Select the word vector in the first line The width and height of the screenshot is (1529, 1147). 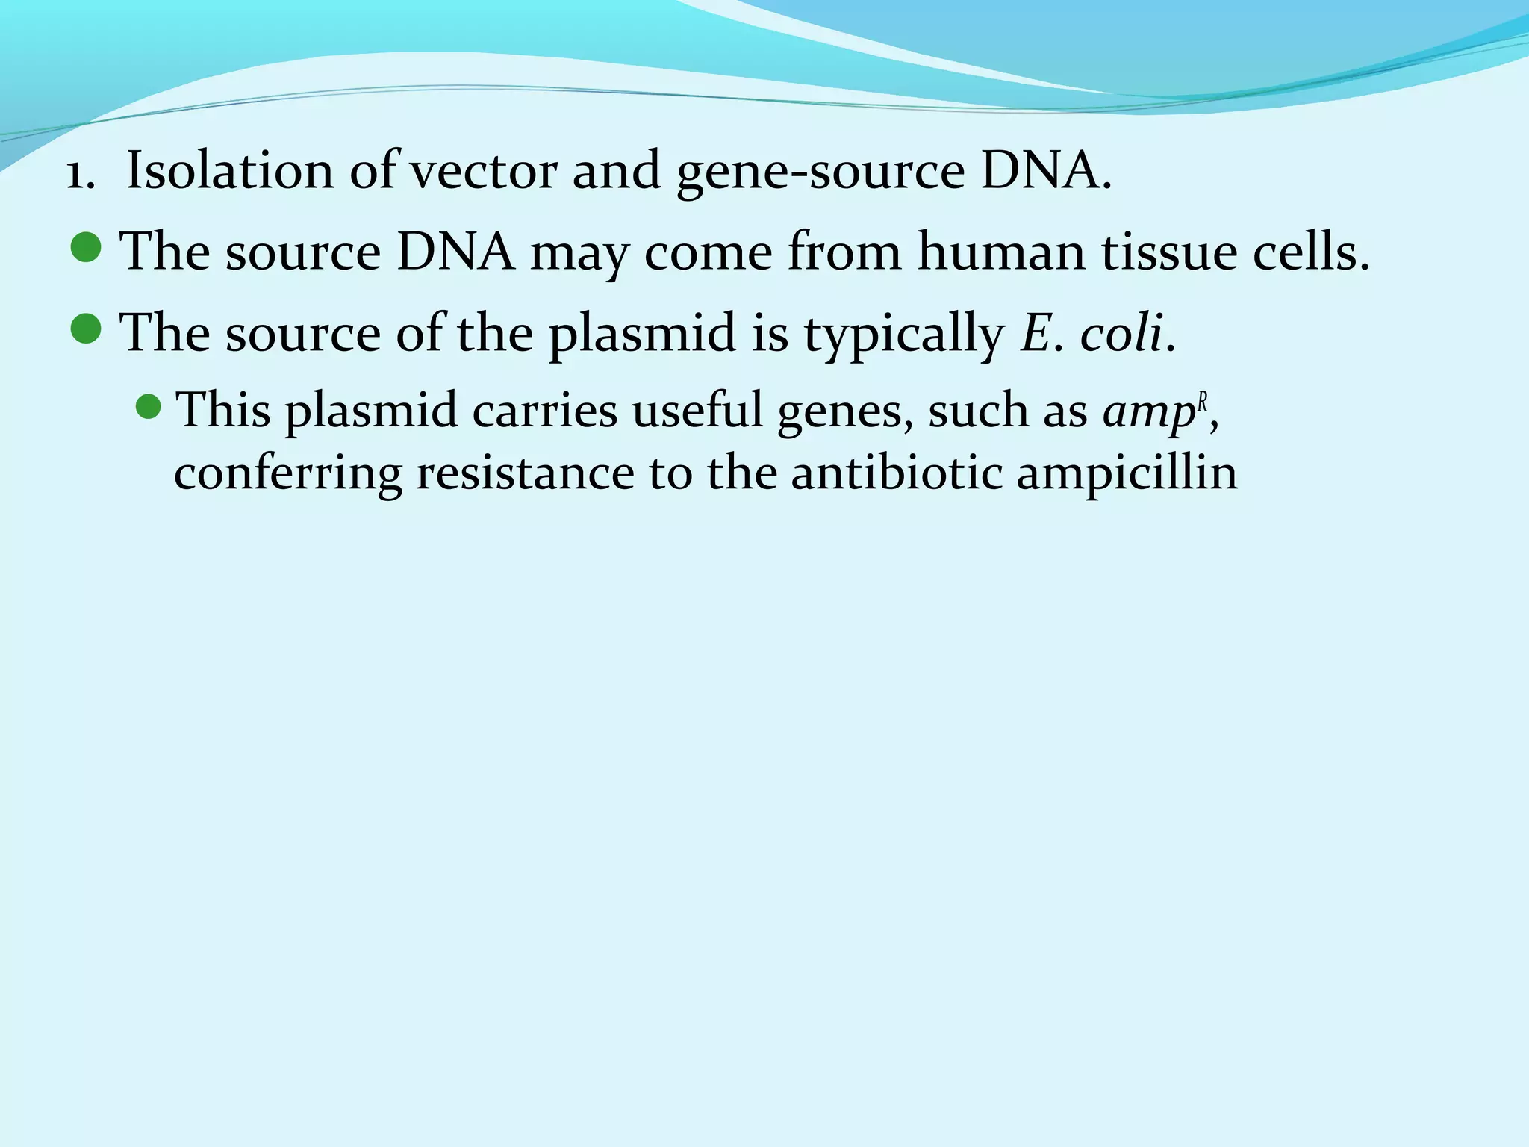click(x=484, y=172)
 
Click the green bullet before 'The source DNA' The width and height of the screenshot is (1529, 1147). click(x=87, y=248)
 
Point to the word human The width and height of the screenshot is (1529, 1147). click(x=1001, y=251)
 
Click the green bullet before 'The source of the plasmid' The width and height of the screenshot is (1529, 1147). click(x=87, y=329)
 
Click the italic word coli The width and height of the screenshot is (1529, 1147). click(x=1121, y=333)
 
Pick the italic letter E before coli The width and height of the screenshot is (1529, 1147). click(x=1036, y=333)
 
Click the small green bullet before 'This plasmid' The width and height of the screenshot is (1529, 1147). click(x=149, y=407)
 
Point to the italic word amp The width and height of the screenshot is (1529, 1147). click(x=1149, y=413)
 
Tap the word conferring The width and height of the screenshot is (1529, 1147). click(x=287, y=473)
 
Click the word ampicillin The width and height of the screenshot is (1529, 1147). click(x=1127, y=475)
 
